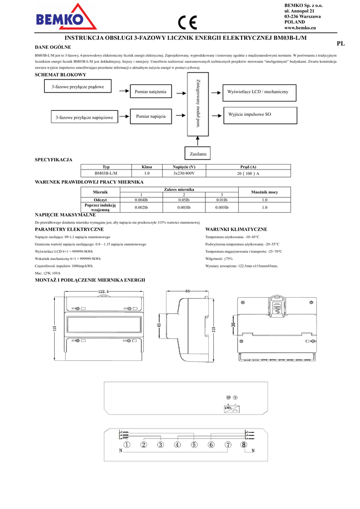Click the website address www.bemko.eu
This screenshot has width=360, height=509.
coord(300,29)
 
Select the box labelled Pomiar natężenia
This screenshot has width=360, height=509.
coord(151,91)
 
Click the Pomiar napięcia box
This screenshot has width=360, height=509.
coord(151,116)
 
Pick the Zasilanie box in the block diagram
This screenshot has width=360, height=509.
coord(198,154)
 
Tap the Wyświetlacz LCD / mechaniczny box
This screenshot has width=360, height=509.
coord(261,92)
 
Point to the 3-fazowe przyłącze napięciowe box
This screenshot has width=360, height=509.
coord(84,117)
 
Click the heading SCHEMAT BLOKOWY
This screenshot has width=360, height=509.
coord(60,75)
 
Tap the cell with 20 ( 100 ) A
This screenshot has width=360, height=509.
coord(248,173)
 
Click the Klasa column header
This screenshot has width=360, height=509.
coord(147,167)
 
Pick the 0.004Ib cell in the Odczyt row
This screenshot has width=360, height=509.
coord(141,200)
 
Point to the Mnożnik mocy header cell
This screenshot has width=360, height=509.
coord(265,192)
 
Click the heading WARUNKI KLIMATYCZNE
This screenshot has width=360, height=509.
coord(236,229)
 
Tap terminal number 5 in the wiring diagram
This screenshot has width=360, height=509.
coord(194,445)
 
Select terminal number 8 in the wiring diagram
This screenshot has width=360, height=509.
coord(244,445)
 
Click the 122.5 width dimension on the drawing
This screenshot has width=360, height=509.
coord(103,291)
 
